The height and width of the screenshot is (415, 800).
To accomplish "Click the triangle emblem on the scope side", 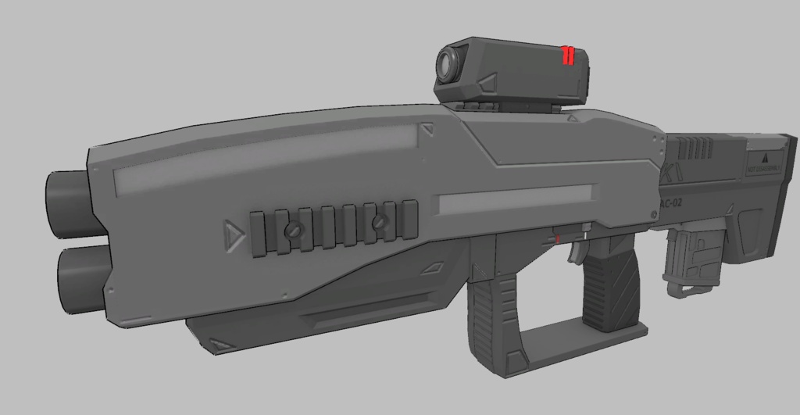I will click(489, 83).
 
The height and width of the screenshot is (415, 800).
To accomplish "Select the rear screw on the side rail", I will click(380, 224).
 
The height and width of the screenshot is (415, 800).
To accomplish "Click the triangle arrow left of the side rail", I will click(232, 234).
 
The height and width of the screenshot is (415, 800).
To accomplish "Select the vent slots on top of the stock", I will click(698, 147).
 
